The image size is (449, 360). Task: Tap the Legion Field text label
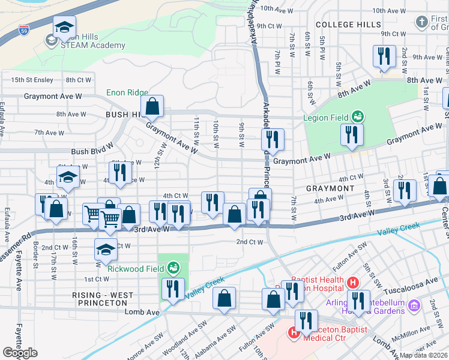pos(326,118)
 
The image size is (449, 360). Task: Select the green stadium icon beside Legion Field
pos(358,115)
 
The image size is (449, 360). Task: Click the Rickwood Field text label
pos(136,268)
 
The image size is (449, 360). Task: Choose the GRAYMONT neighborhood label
pos(330,188)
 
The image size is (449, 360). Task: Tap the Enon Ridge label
pos(127,92)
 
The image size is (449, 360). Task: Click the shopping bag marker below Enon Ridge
pos(154,106)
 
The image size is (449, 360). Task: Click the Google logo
pos(20,353)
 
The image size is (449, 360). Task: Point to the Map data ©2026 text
pos(424,355)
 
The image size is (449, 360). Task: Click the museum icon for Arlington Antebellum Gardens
pos(413,307)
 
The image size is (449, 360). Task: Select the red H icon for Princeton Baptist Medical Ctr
pos(294,332)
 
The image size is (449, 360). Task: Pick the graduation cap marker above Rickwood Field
pos(106,250)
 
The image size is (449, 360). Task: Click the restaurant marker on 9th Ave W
pos(382,57)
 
